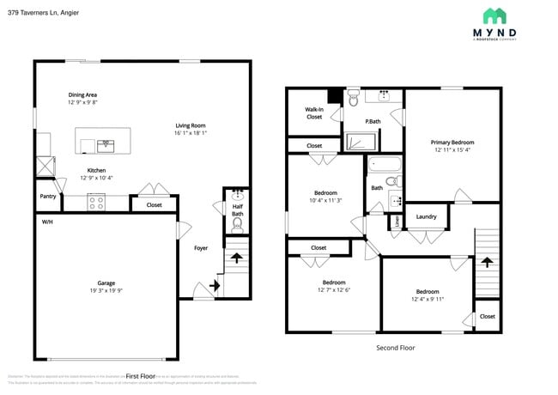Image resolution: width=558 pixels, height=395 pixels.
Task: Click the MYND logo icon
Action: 494,16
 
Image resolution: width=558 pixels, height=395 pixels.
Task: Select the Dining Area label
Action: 82,94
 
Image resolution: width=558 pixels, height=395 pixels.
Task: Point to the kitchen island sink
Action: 104,143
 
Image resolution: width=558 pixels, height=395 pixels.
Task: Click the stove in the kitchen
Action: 96,204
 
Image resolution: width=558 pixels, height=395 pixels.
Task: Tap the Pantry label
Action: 48,196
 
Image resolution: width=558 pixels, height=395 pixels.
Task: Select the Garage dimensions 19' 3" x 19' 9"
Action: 106,291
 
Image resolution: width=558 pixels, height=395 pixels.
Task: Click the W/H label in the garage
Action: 47,222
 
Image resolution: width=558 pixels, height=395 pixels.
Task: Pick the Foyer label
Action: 200,248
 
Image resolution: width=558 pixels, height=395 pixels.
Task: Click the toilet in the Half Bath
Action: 238,224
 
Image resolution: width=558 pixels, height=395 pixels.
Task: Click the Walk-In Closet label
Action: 314,112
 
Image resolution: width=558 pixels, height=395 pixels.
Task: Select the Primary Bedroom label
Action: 452,143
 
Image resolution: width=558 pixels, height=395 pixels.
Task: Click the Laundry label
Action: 427,216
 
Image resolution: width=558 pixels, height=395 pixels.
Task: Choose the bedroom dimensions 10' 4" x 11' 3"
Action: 325,201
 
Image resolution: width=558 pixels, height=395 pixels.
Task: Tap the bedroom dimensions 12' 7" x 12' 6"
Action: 334,290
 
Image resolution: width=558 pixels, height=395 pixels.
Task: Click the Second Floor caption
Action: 396,348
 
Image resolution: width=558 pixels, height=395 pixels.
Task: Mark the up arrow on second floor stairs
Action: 487,262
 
